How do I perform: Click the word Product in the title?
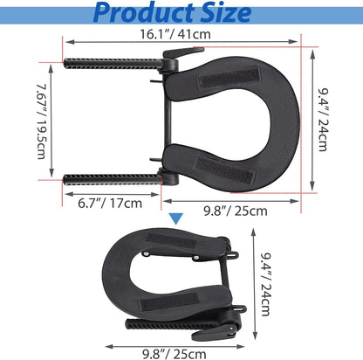pos(143,12)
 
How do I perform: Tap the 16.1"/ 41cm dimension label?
pos(175,34)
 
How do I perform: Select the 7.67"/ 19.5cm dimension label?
pos(42,121)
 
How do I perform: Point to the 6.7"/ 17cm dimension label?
pos(110,203)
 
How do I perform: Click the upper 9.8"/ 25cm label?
pos(236,211)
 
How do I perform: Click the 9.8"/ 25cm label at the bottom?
pos(175,354)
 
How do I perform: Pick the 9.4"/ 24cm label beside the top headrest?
pos(322,120)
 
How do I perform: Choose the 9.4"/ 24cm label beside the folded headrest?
pos(265,284)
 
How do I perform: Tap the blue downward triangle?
pos(176,218)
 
